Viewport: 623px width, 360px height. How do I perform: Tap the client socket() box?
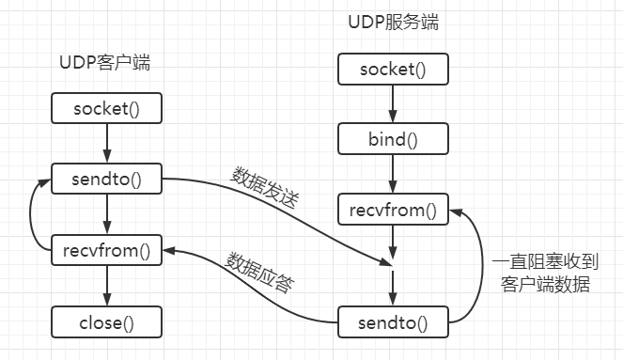pos(105,107)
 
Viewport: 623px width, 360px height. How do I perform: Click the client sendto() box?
pos(105,178)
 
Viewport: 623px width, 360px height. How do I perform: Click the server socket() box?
pos(392,69)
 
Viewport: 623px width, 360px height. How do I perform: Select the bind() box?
pos(392,139)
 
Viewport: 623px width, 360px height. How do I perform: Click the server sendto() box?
pos(392,324)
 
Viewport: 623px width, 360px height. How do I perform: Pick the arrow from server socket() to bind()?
pos(392,103)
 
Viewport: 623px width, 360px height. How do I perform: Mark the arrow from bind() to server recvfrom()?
pos(392,175)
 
